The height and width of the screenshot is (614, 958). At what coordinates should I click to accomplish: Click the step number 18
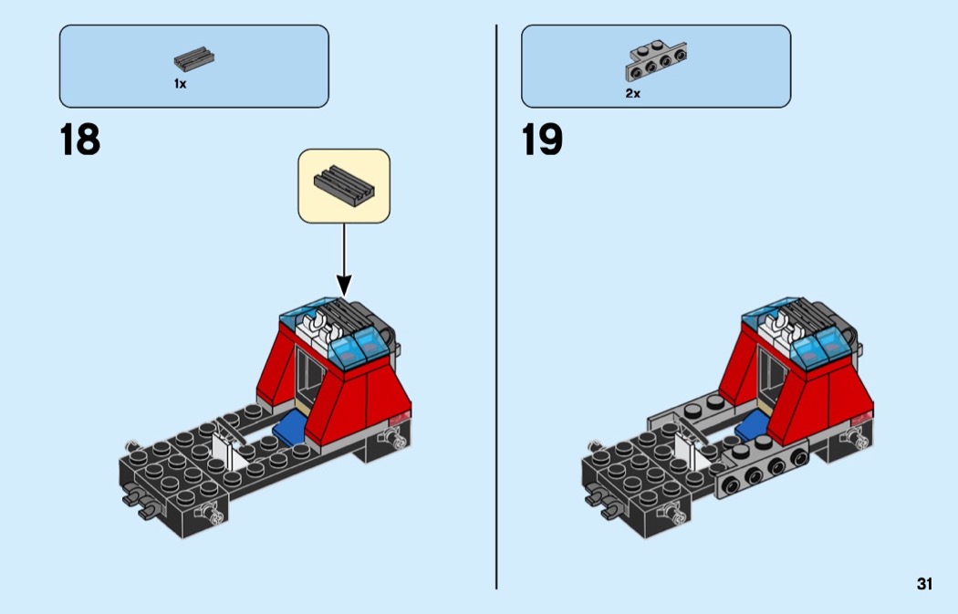pyautogui.click(x=80, y=140)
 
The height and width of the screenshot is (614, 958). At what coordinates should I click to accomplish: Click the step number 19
pyautogui.click(x=542, y=140)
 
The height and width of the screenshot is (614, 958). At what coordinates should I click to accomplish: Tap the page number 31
pyautogui.click(x=924, y=584)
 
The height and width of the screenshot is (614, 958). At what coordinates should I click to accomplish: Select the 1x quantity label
pyautogui.click(x=181, y=84)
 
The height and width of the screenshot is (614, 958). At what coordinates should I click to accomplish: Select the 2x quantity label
pyautogui.click(x=633, y=93)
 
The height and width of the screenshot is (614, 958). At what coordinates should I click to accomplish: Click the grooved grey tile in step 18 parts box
pyautogui.click(x=193, y=58)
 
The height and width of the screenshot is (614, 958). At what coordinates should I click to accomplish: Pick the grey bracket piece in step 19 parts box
pyautogui.click(x=656, y=60)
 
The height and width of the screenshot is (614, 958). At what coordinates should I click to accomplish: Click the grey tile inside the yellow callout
pyautogui.click(x=344, y=186)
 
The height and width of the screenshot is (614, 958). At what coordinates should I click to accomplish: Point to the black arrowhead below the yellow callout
pyautogui.click(x=344, y=286)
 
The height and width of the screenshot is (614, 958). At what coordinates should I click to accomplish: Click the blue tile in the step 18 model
pyautogui.click(x=289, y=425)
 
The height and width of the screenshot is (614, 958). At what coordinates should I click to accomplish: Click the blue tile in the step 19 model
pyautogui.click(x=751, y=427)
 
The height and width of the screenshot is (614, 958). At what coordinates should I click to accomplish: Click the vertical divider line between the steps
pyautogui.click(x=496, y=307)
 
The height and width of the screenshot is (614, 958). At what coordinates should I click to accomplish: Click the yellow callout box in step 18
pyautogui.click(x=344, y=186)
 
